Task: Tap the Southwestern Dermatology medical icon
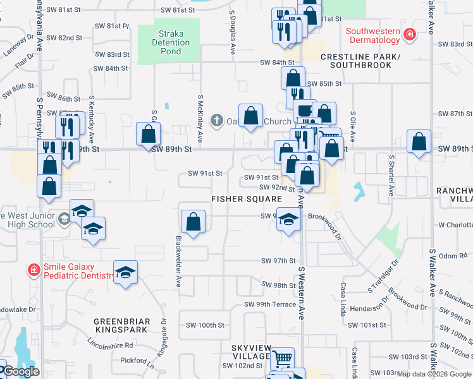(410, 33)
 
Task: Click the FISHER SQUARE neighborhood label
(247, 198)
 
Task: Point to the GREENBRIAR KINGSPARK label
(122, 325)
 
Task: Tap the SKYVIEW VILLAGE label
(250, 352)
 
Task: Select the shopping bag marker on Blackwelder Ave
(193, 222)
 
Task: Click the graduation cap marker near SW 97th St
(125, 272)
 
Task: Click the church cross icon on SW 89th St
(216, 119)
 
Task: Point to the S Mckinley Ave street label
(200, 119)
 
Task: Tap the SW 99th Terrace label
(270, 304)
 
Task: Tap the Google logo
(21, 371)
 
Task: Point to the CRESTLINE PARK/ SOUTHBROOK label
(360, 61)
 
